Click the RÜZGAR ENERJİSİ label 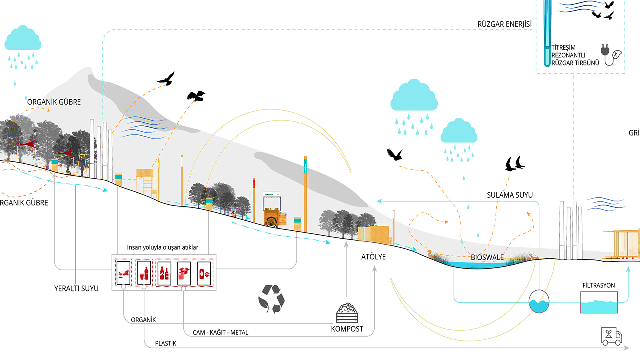(504, 24)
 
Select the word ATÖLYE (373, 257)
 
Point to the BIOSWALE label (487, 257)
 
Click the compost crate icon (347, 313)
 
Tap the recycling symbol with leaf (271, 299)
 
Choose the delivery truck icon (611, 336)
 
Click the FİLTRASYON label (598, 285)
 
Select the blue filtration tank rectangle (599, 302)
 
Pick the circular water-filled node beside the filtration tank (539, 301)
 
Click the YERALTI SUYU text (76, 288)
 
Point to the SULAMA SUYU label (510, 195)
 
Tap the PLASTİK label (165, 343)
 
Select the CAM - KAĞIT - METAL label (220, 332)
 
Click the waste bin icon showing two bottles (164, 273)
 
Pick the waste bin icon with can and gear (204, 273)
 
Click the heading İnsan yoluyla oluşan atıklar (162, 247)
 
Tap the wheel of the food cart (271, 222)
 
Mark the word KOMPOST (347, 329)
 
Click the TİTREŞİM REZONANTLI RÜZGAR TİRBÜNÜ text (575, 55)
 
